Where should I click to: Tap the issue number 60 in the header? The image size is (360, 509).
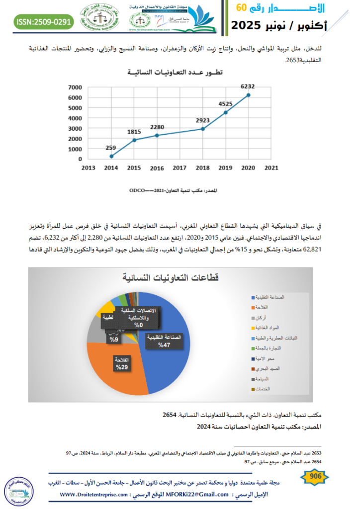tap(241, 7)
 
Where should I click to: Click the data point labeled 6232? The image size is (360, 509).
tap(248, 95)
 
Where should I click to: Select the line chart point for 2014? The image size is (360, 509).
tap(111, 156)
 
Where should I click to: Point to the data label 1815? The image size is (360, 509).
tap(134, 132)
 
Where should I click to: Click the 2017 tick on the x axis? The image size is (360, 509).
tap(180, 168)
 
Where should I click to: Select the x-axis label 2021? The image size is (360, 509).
tap(271, 168)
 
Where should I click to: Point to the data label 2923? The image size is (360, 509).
tap(202, 121)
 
